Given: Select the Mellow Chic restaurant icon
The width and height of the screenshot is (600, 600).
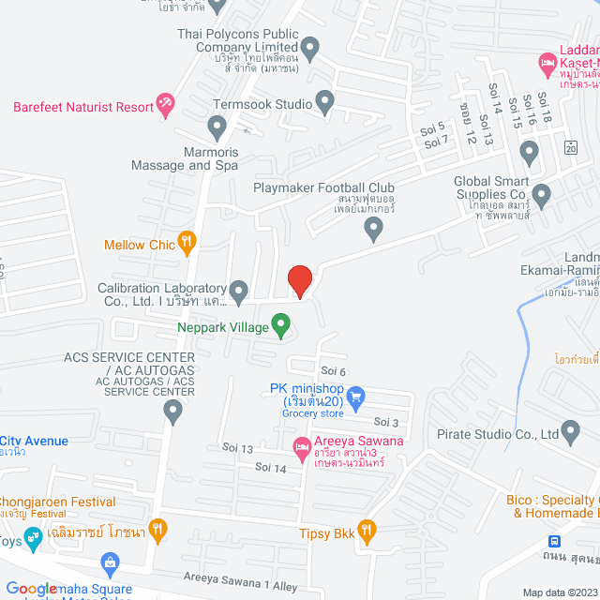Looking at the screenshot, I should pyautogui.click(x=187, y=245).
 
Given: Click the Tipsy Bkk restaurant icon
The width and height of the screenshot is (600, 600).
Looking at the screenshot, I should pyautogui.click(x=367, y=532).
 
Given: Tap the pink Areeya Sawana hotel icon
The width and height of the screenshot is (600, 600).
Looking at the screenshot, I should pyautogui.click(x=301, y=449).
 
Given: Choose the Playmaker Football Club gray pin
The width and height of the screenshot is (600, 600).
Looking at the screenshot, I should pyautogui.click(x=374, y=228).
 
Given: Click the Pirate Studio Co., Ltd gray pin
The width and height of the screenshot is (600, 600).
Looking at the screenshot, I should pyautogui.click(x=571, y=433).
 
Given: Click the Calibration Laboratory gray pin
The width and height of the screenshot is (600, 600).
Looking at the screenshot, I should pyautogui.click(x=238, y=290).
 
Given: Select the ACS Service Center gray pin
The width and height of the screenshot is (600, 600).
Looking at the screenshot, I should pyautogui.click(x=172, y=410).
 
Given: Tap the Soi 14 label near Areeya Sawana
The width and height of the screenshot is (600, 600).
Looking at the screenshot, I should pyautogui.click(x=270, y=467).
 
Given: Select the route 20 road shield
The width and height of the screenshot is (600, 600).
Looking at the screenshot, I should pyautogui.click(x=570, y=148).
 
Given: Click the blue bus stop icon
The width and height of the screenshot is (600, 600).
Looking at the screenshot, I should pyautogui.click(x=555, y=543).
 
